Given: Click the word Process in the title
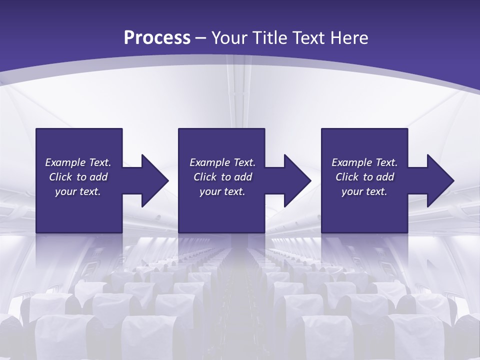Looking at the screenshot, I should click(x=157, y=38).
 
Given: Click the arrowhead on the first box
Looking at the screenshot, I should click(x=154, y=180).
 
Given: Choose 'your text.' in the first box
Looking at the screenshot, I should click(x=78, y=191).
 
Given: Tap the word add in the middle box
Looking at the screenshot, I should click(x=243, y=177).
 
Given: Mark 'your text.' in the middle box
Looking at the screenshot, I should click(x=222, y=191).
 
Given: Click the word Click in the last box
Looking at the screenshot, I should click(x=347, y=177).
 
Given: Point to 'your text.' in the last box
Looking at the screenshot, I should click(x=364, y=191).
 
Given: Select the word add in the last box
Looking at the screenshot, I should click(x=385, y=177).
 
